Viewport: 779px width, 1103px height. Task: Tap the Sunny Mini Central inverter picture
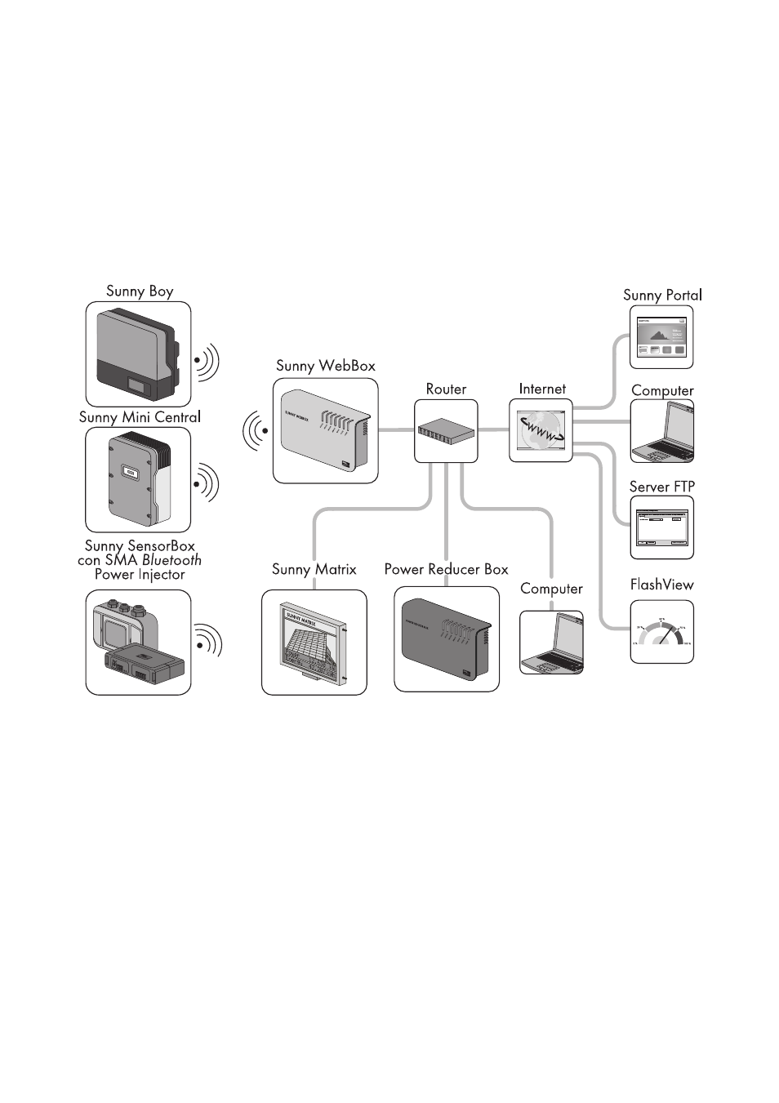click(x=138, y=480)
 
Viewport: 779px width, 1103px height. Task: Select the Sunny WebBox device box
click(x=325, y=430)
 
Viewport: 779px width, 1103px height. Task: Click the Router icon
click(x=446, y=431)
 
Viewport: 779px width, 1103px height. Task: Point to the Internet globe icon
click(x=541, y=430)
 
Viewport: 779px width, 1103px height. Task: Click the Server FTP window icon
click(x=661, y=528)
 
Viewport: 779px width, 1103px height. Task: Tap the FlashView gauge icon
click(x=661, y=632)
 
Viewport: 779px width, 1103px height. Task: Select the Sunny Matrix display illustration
click(x=314, y=643)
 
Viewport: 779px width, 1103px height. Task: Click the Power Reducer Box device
click(x=446, y=639)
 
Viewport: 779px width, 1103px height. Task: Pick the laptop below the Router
click(x=551, y=643)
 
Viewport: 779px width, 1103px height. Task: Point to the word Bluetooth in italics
click(x=171, y=560)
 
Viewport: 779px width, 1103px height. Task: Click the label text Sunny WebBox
click(x=325, y=366)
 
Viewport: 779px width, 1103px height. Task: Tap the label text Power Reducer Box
click(x=446, y=569)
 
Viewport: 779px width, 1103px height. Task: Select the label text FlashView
click(x=661, y=585)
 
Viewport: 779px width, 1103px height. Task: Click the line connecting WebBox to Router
click(x=396, y=430)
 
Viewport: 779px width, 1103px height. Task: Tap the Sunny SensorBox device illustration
click(x=138, y=643)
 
